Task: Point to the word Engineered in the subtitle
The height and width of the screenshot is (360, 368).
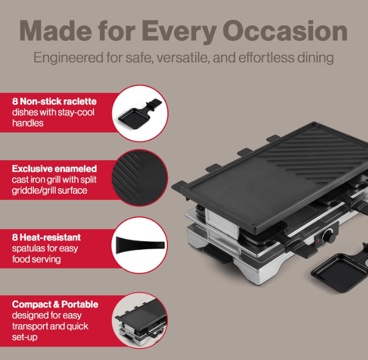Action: (66, 58)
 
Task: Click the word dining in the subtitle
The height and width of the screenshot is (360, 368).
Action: (314, 58)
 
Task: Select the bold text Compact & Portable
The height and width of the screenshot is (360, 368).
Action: (55, 304)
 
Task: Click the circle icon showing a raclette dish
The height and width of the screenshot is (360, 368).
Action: (139, 113)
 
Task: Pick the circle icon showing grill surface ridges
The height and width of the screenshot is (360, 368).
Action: (139, 178)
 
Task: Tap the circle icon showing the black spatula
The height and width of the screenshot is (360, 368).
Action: (139, 245)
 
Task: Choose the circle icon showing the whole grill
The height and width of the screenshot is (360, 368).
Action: (139, 321)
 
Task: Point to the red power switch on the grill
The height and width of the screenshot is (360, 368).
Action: (316, 239)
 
